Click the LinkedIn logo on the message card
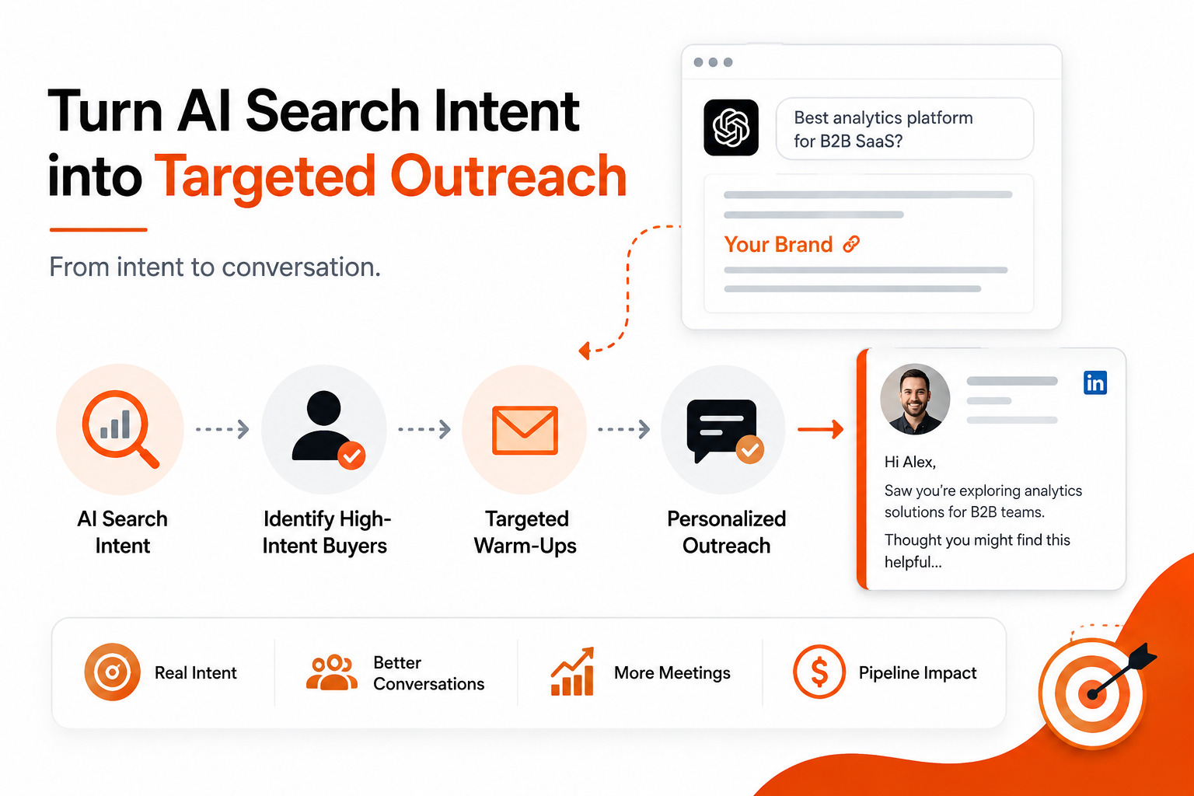[x=1094, y=382]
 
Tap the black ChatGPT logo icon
[x=731, y=127]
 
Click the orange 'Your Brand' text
[x=778, y=245]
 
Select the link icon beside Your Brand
[x=851, y=244]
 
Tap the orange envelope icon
[x=525, y=430]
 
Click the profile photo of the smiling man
[x=915, y=399]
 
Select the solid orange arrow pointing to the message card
[x=820, y=429]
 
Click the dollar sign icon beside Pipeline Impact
[x=819, y=672]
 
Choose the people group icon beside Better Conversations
[x=332, y=672]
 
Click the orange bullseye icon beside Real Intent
[x=112, y=672]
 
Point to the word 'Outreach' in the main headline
[x=508, y=176]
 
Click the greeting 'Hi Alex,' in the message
[x=910, y=462]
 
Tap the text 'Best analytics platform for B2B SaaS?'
[x=883, y=129]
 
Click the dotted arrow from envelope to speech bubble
[x=623, y=429]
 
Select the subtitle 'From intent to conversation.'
[x=215, y=267]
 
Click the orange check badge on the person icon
[x=352, y=456]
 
